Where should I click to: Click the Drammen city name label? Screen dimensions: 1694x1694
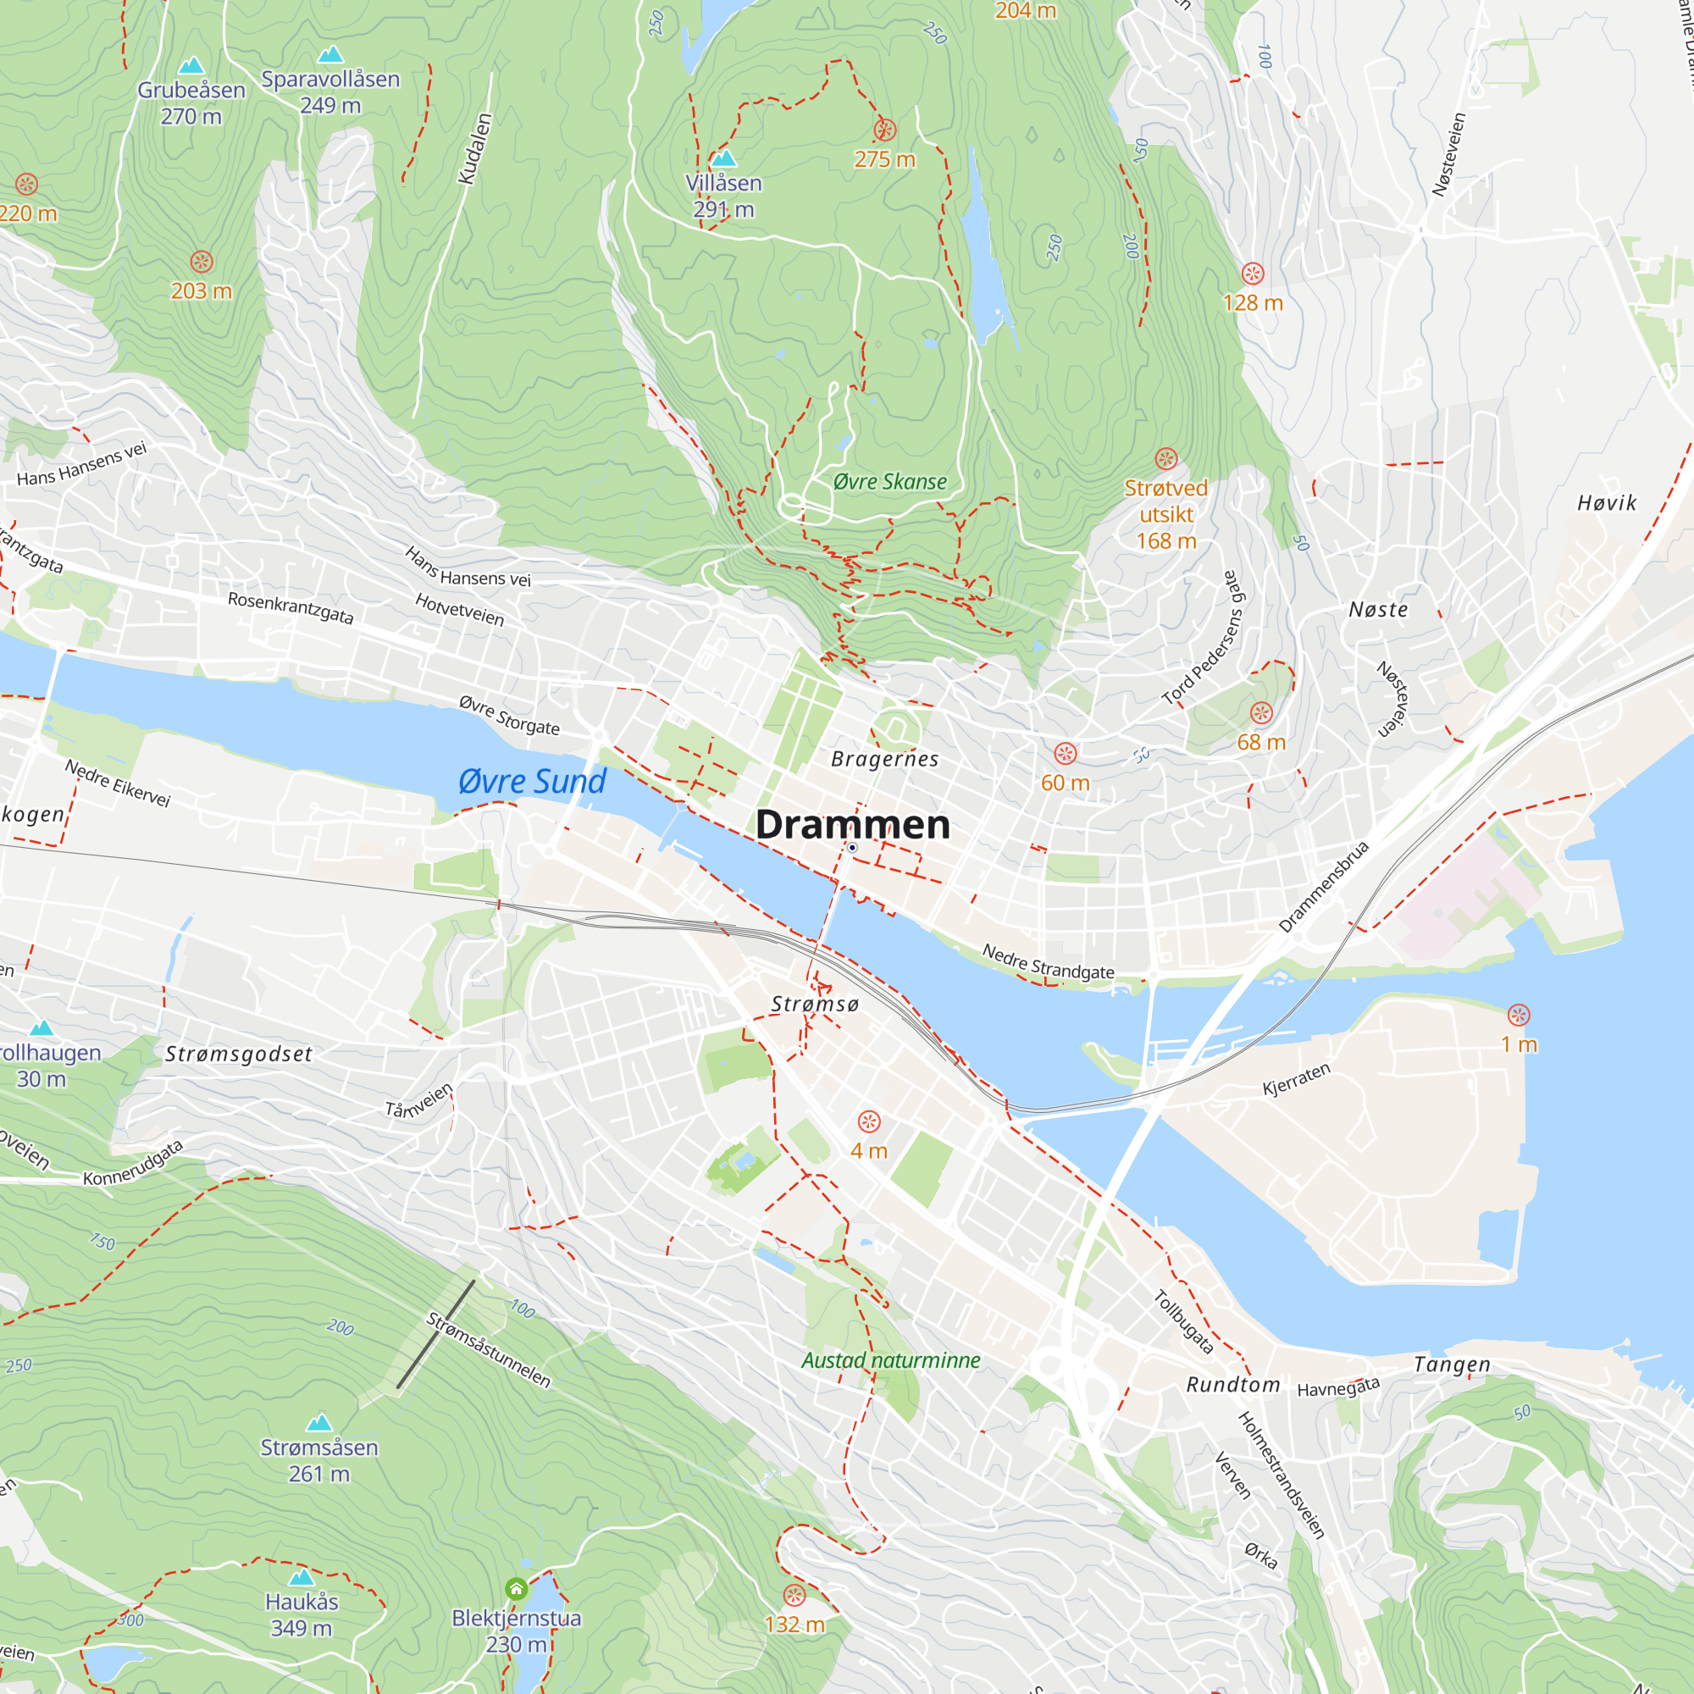tap(852, 824)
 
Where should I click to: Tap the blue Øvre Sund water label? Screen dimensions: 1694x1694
tap(532, 781)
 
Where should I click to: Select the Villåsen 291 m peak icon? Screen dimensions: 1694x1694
tap(723, 158)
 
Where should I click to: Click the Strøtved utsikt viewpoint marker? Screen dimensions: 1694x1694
tap(1165, 458)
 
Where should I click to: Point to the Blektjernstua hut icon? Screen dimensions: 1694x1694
tap(517, 1589)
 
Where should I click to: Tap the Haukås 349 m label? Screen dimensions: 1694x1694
tap(302, 1614)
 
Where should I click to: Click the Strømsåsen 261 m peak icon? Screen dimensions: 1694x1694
tap(319, 1422)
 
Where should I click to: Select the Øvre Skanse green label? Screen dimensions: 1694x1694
tap(889, 481)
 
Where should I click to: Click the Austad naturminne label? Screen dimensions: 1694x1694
tap(890, 1360)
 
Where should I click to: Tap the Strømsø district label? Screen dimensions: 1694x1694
tap(815, 1004)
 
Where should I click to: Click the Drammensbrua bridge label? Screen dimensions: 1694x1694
tap(1323, 887)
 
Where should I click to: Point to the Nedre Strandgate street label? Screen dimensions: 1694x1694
tap(1047, 961)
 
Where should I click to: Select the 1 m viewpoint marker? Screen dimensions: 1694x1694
tap(1519, 1016)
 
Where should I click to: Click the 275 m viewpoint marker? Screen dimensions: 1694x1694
tap(885, 130)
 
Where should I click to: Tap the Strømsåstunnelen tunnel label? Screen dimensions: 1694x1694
tap(488, 1350)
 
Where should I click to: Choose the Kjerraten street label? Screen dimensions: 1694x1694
tap(1296, 1079)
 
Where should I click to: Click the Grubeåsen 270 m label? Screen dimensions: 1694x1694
tap(191, 102)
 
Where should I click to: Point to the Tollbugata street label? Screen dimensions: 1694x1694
tap(1182, 1321)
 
